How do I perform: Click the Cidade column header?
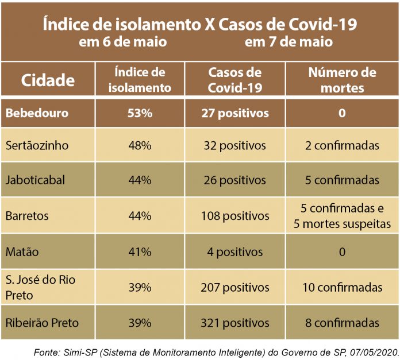48,80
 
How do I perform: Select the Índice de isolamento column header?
140,80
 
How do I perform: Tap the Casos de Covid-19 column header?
234,80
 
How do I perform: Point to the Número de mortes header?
342,80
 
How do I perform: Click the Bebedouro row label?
37,113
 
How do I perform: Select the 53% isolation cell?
140,113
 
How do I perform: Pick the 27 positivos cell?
234,113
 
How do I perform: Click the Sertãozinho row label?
37,146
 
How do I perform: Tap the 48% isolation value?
140,146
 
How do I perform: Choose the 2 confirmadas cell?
342,146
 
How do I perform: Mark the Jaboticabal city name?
35,180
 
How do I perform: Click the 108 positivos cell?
234,216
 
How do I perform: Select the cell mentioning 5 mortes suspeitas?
342,216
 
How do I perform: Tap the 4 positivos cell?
234,251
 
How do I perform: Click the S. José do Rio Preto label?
40,287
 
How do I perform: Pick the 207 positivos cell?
234,287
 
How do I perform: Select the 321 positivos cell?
234,323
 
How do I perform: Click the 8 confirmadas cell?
342,323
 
